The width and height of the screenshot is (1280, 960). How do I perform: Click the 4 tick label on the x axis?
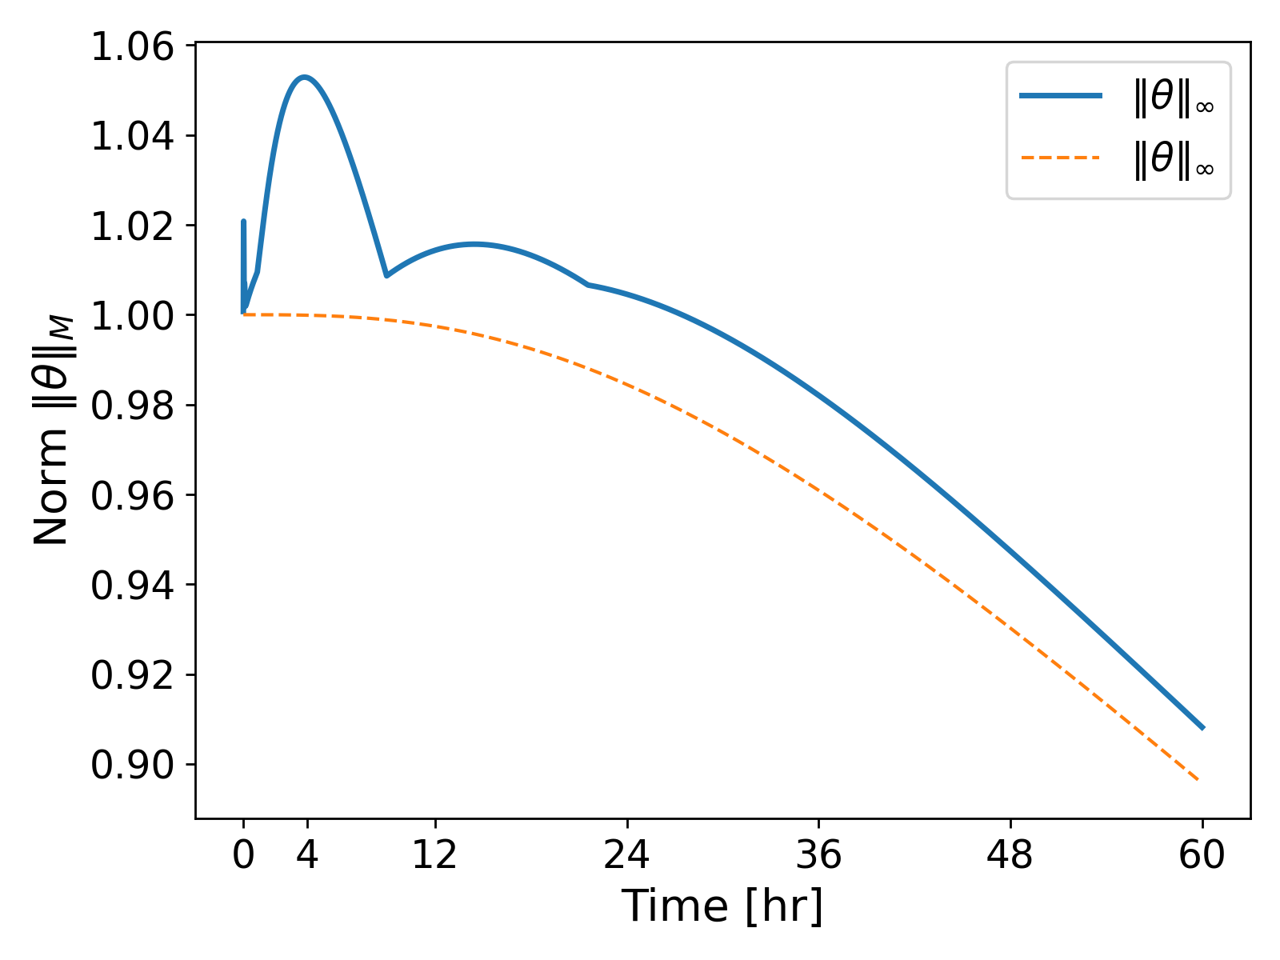[307, 856]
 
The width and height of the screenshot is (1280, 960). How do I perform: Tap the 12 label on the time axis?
[434, 856]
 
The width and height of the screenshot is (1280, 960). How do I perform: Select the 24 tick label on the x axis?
[626, 856]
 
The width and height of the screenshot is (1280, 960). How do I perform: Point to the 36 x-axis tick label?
[818, 856]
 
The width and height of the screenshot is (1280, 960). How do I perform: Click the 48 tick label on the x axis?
[1010, 856]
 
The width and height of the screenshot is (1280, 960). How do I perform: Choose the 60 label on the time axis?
[1202, 856]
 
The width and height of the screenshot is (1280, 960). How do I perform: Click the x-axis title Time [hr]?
[722, 906]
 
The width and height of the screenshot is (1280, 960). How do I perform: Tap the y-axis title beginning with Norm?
[53, 432]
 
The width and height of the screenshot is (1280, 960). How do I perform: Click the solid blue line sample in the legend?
[1061, 96]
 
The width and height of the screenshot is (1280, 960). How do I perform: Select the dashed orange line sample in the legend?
[1061, 158]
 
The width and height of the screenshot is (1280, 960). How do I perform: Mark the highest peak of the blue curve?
[304, 77]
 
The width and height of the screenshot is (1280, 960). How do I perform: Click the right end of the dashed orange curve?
[1198, 780]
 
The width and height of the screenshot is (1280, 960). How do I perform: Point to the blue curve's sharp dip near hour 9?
[386, 276]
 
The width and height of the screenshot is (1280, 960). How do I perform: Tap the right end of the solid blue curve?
[1202, 728]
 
